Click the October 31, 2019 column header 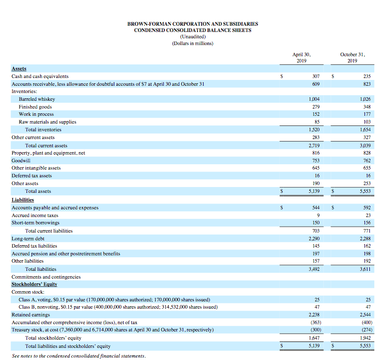pos(352,58)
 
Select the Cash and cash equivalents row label pos(40,76)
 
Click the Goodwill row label pos(21,160)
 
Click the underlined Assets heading pos(19,69)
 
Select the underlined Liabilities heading pos(23,200)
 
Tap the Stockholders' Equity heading pos(34,284)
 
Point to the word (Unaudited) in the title pos(192,37)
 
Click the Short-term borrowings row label pos(35,223)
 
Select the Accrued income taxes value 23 pos(367,216)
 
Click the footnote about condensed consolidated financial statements pos(79,356)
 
